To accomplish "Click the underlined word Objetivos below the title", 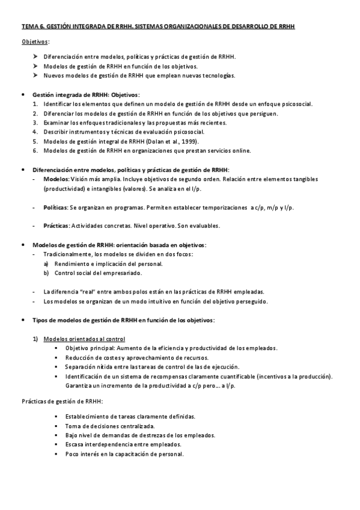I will pyautogui.click(x=35, y=41).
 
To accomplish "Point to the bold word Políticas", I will pyautogui.click(x=56, y=207).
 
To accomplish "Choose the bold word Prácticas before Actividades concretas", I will pyautogui.click(x=57, y=226).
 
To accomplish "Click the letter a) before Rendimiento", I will pyautogui.click(x=46, y=264).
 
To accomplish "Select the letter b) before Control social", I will pyautogui.click(x=46, y=273).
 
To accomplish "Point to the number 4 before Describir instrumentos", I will pyautogui.click(x=35, y=132).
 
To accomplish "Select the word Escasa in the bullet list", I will pyautogui.click(x=76, y=444).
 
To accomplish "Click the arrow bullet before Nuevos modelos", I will pyautogui.click(x=35, y=76).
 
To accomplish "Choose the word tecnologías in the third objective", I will pyautogui.click(x=216, y=76).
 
